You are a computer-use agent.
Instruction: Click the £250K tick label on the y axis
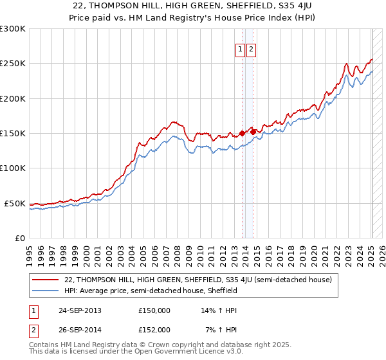click(x=13, y=64)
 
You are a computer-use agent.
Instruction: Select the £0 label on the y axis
click(x=21, y=238)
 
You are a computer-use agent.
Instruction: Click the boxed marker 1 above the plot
click(x=241, y=50)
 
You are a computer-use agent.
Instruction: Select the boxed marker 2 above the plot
click(x=251, y=50)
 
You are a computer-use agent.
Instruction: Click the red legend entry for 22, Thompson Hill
click(x=198, y=280)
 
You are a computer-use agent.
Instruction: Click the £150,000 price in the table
click(x=154, y=310)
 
